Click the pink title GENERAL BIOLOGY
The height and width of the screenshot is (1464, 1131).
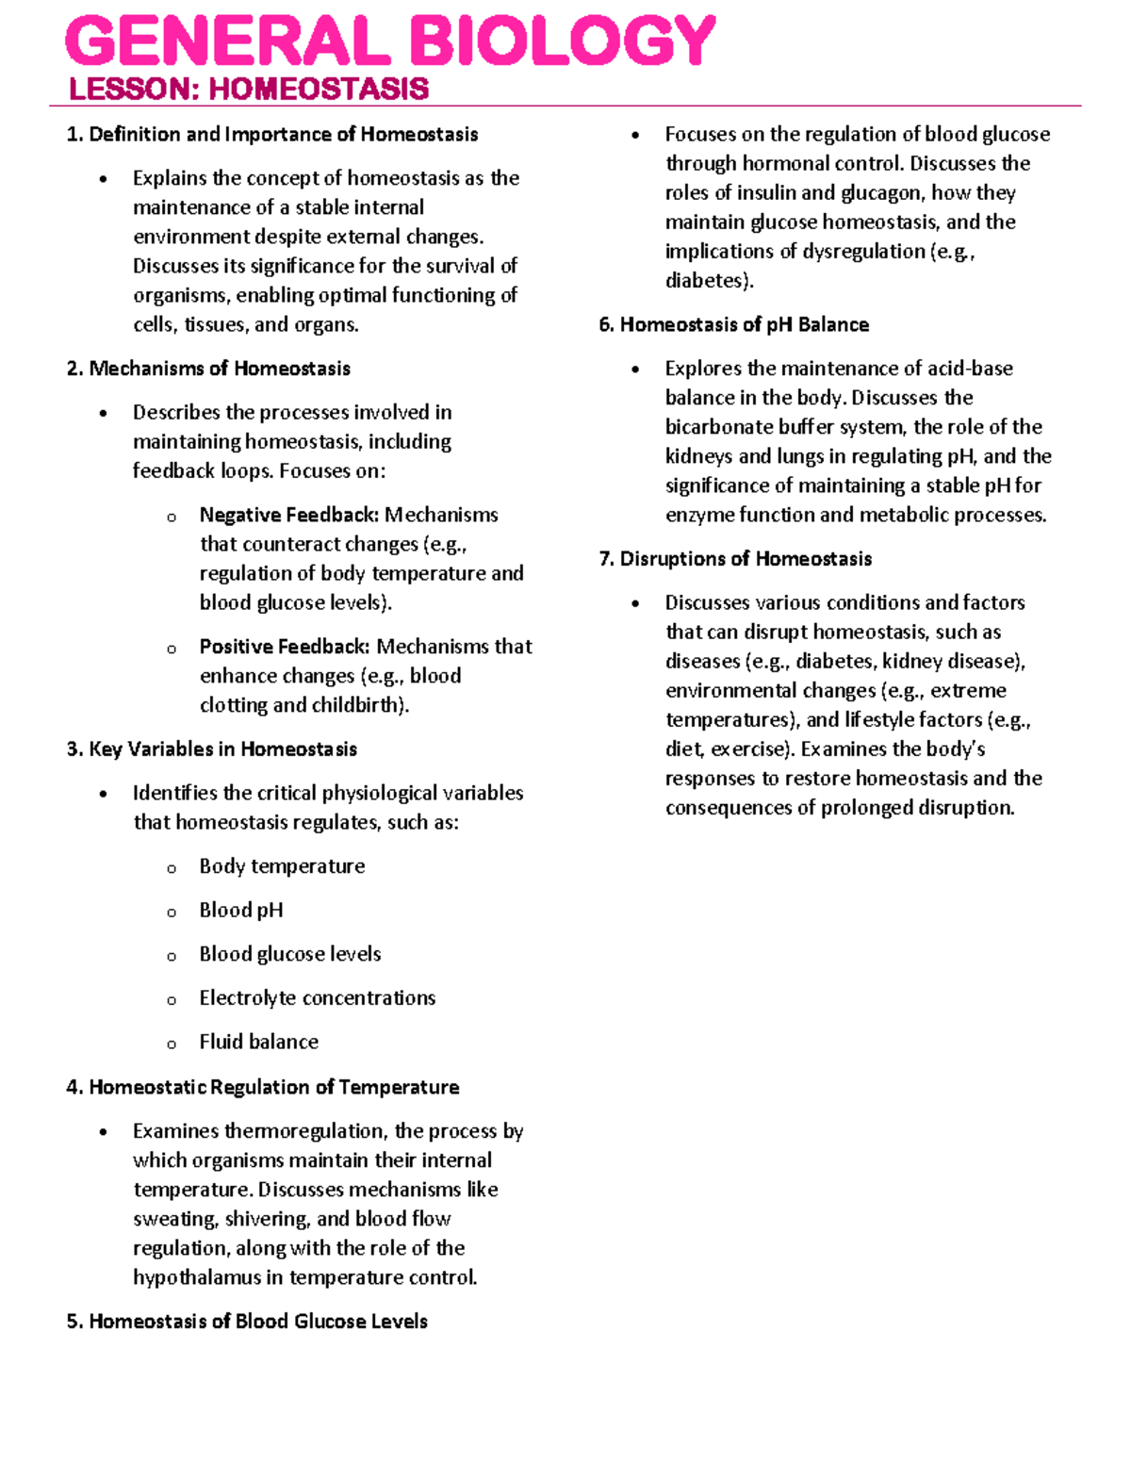390,42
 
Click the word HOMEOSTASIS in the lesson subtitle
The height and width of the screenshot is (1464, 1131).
319,90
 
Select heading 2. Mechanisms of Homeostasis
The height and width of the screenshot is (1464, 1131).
208,369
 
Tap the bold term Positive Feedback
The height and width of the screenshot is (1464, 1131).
284,647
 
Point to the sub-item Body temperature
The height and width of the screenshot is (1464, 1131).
282,866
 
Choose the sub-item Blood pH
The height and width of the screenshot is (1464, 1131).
241,911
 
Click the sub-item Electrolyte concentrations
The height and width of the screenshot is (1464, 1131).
317,998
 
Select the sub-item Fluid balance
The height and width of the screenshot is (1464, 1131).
258,1042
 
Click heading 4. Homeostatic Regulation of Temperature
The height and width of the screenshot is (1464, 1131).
263,1087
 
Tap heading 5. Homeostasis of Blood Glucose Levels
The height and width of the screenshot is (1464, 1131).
247,1322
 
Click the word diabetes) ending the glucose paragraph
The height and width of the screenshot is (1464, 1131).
709,281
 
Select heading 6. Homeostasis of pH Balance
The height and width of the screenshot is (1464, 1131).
733,325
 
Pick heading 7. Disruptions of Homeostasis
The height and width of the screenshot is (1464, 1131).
735,559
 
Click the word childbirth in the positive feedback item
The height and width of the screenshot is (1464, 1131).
361,705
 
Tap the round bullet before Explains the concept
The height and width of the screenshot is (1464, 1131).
104,179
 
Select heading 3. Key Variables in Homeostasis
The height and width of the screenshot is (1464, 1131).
212,749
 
